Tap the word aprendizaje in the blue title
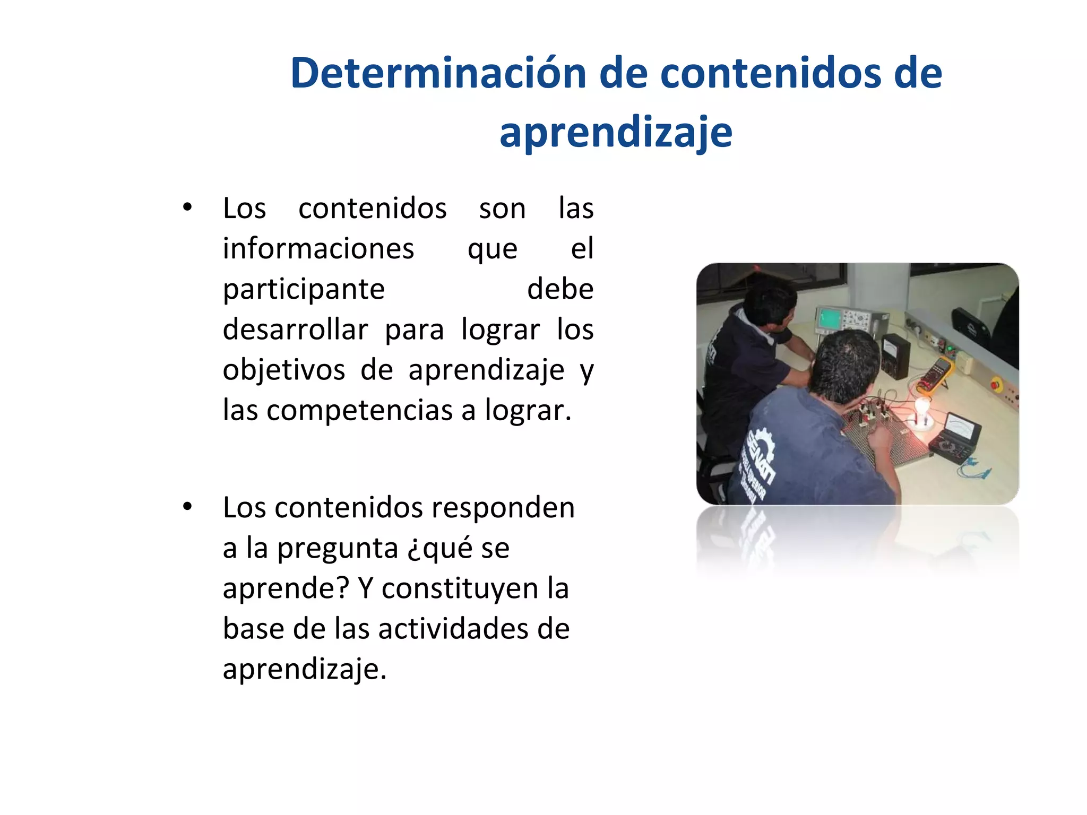(616, 133)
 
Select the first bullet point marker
(187, 207)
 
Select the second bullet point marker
(187, 507)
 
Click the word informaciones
(318, 248)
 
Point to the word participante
(304, 290)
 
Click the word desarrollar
(295, 330)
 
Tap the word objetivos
(283, 370)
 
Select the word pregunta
(338, 548)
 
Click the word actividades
(453, 629)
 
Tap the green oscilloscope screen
(829, 318)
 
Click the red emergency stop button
(996, 382)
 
